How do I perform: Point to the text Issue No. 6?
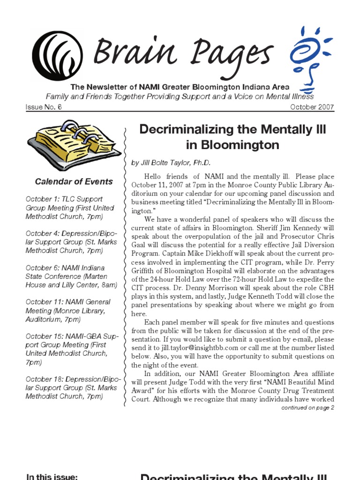coord(44,107)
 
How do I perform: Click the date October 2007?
coord(312,107)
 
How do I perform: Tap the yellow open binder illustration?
coord(74,145)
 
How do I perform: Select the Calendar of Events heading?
coord(74,181)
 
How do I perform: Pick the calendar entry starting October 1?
coord(70,208)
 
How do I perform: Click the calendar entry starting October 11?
coord(68,310)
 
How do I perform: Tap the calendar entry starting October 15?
coord(72,349)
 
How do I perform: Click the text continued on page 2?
coord(307,407)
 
